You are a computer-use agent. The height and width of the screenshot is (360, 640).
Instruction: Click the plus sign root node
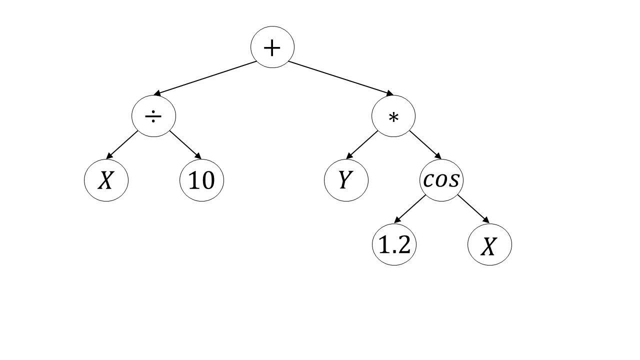point(272,47)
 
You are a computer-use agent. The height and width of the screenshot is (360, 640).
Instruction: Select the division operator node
point(153,116)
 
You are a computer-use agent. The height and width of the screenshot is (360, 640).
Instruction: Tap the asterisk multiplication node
point(393,116)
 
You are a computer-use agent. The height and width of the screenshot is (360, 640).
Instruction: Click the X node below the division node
point(106,180)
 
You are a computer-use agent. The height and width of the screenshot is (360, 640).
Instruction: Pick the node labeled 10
point(201,180)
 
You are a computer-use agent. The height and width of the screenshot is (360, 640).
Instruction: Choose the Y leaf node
point(346,180)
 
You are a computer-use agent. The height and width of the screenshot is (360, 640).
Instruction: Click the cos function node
point(441,180)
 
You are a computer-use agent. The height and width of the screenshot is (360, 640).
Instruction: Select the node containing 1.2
point(394,244)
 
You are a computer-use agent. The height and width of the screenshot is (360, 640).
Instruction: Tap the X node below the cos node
point(489,244)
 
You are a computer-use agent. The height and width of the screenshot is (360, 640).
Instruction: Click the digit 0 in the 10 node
point(208,180)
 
